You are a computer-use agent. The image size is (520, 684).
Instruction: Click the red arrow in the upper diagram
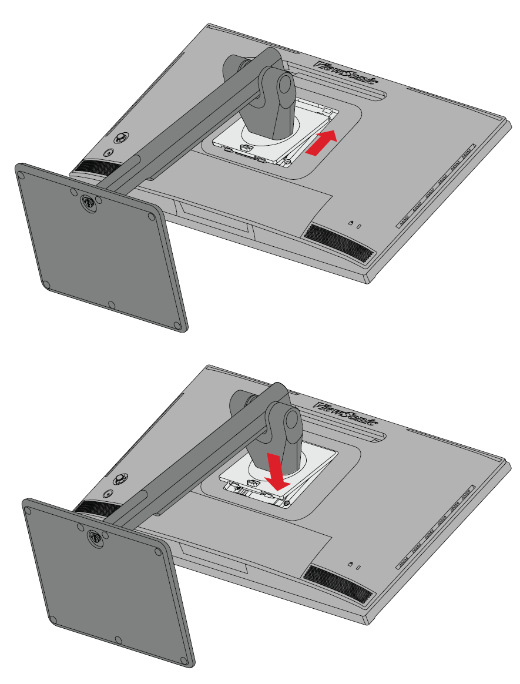(321, 143)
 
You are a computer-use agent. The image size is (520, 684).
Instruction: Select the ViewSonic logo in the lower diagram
(347, 413)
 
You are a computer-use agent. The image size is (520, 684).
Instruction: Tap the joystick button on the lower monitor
(119, 479)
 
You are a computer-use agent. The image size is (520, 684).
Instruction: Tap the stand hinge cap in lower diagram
(290, 421)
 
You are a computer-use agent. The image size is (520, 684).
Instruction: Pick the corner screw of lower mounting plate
(286, 503)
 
